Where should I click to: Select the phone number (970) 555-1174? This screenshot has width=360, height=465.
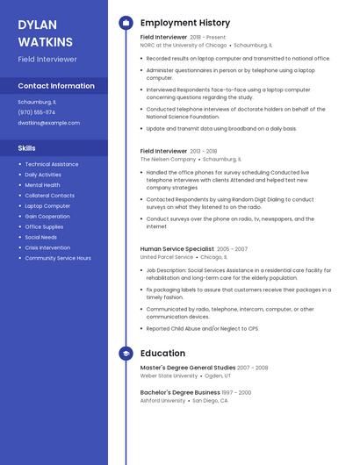tap(36, 112)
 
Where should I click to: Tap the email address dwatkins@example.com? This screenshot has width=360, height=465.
tap(48, 123)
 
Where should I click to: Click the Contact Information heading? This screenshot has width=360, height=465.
tap(56, 86)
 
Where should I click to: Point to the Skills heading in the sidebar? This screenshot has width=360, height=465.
tap(27, 148)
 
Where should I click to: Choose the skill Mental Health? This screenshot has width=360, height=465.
tap(42, 185)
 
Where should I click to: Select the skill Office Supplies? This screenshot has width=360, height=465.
tap(44, 226)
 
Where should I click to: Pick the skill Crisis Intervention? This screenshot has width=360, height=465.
tap(48, 247)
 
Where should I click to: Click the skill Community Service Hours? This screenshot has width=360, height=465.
tap(58, 258)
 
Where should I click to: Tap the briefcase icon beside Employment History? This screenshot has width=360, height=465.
tap(126, 23)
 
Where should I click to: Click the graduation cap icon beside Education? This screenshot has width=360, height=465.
tap(126, 354)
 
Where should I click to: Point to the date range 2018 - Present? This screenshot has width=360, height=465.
tap(208, 38)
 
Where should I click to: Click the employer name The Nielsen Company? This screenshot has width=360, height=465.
tap(168, 160)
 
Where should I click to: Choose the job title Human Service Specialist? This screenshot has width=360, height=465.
tap(176, 249)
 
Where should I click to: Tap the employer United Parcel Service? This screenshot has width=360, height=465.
tap(167, 258)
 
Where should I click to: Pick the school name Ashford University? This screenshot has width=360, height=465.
tap(162, 400)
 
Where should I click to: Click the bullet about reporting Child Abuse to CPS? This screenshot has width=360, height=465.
tap(202, 328)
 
